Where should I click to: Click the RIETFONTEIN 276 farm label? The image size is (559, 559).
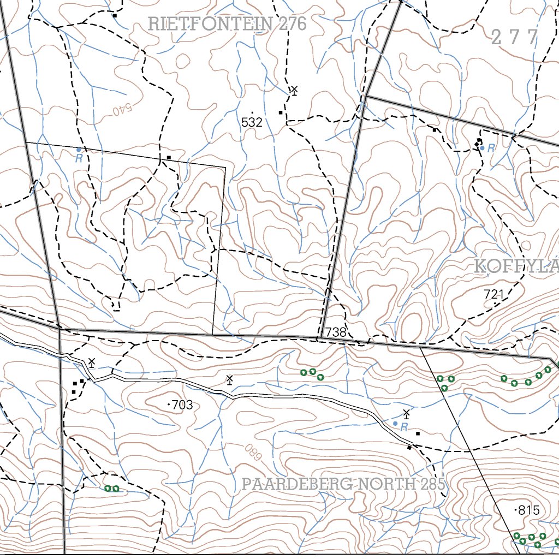(227, 24)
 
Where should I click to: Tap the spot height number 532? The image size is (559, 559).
(252, 122)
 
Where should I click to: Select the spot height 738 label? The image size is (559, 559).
(336, 332)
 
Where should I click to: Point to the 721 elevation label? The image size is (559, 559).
(494, 294)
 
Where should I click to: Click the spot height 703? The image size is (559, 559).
(182, 405)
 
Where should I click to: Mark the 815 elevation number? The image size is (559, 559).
(528, 510)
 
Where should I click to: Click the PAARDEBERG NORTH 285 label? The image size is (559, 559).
(344, 484)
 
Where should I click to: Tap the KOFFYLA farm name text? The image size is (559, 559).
(516, 267)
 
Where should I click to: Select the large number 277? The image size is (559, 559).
(515, 38)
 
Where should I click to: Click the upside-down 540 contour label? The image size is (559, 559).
(123, 109)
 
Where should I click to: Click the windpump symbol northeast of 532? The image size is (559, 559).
(294, 90)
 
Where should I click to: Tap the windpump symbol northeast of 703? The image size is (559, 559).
(230, 379)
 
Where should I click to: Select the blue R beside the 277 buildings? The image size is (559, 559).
(491, 148)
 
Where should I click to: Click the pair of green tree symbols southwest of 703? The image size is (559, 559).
(112, 489)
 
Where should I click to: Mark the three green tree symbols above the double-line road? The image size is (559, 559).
(312, 373)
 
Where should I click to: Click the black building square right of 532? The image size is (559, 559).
(281, 112)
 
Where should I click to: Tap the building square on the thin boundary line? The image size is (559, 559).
(169, 158)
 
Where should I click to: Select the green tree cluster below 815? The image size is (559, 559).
(530, 539)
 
